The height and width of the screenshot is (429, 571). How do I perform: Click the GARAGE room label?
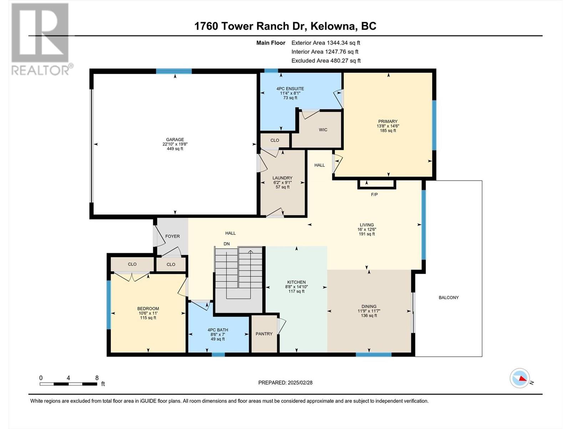175,140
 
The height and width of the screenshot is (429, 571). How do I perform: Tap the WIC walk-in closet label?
323,130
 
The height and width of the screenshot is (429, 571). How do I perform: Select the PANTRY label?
264,334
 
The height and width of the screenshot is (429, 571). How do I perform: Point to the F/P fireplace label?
374,194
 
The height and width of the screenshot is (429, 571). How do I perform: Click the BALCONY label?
449,297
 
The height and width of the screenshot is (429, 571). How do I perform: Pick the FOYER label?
172,236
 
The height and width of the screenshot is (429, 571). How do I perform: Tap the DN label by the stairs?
227,244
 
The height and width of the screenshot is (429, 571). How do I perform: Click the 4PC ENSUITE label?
290,89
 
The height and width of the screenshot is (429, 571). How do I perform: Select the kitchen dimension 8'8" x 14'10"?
296,287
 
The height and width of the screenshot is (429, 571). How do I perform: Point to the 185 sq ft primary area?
388,130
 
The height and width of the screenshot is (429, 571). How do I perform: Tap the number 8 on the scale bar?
97,378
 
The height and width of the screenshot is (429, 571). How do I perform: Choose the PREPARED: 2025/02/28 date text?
285,383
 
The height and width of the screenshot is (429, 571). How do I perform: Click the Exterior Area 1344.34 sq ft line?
326,43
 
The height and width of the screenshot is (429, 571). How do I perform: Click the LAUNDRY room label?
283,178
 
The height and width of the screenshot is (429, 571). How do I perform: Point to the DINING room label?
369,306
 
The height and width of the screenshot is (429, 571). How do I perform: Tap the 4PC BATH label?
218,330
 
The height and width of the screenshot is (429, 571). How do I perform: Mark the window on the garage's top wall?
174,71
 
